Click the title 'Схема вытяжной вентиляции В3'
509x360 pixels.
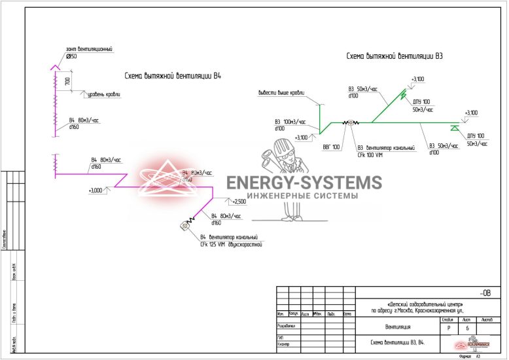click(x=395, y=56)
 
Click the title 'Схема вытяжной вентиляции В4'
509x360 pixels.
click(x=173, y=76)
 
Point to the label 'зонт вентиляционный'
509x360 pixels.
click(x=89, y=49)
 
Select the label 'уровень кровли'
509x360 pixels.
click(x=106, y=94)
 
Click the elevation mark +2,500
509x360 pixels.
click(x=238, y=202)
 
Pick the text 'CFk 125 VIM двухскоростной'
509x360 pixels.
click(x=231, y=244)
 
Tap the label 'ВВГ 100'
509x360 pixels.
click(x=331, y=147)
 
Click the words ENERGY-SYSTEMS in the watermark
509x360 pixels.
click(x=304, y=183)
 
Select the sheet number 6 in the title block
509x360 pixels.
click(x=467, y=328)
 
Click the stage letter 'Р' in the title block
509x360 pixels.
click(x=448, y=328)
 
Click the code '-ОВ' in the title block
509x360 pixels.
click(x=485, y=292)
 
